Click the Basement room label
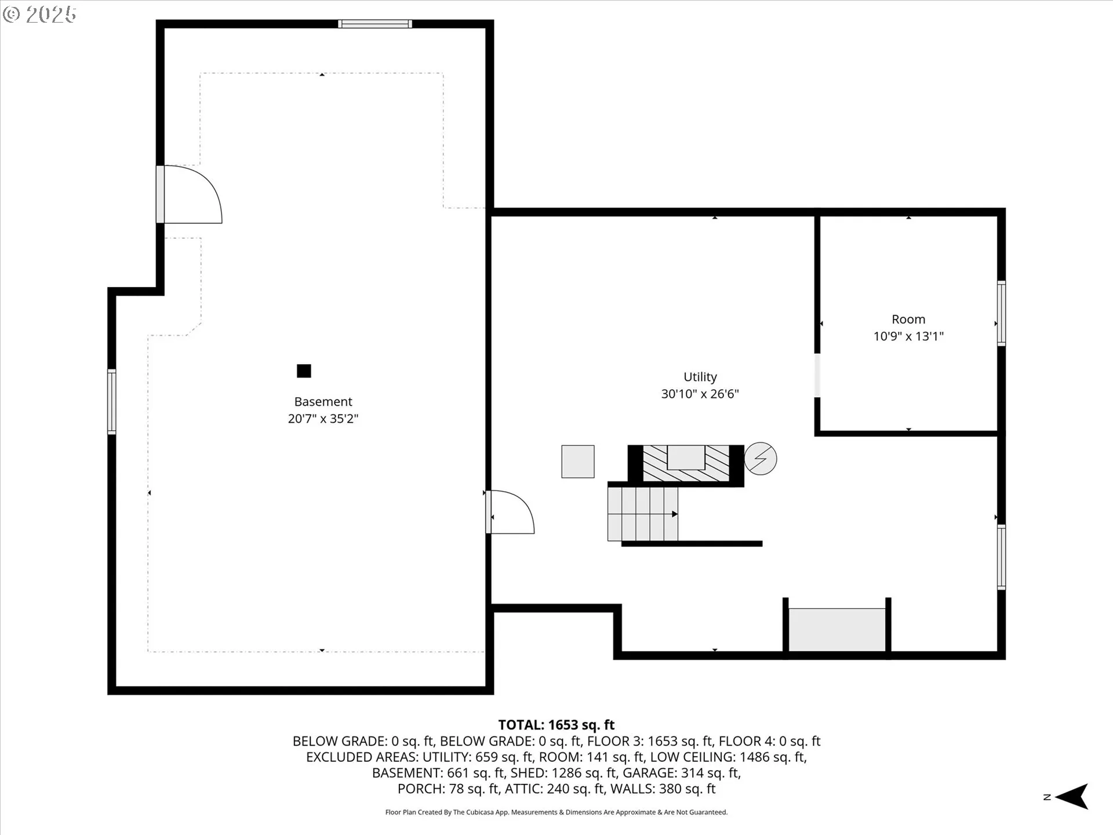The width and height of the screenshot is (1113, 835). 323,401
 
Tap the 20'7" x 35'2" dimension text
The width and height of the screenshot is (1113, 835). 323,419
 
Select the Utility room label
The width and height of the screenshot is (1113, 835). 700,377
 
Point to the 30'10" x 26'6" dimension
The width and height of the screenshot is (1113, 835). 700,394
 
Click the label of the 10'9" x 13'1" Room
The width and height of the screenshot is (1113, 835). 908,320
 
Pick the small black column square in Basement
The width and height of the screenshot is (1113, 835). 304,371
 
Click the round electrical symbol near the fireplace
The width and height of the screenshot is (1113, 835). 760,459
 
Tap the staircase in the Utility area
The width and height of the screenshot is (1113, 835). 642,514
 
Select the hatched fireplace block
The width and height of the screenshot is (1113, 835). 686,463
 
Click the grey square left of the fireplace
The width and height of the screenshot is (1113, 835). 577,462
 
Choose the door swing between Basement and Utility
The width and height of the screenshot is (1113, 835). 510,512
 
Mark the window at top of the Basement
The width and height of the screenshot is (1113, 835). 375,24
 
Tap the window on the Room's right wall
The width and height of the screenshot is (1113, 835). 1001,313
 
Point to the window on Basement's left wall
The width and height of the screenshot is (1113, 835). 111,401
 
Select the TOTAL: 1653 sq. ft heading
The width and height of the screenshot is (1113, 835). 556,725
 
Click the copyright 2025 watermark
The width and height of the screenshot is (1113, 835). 39,14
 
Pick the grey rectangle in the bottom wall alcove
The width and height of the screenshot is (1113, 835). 836,630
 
